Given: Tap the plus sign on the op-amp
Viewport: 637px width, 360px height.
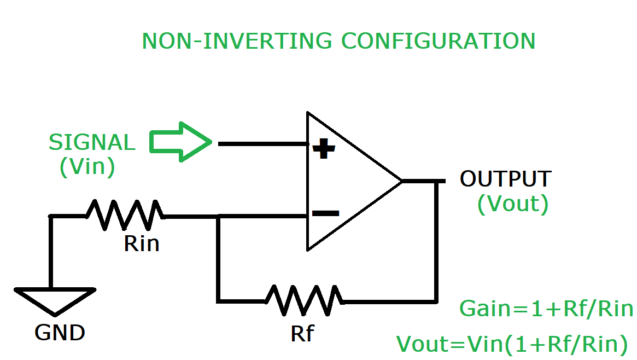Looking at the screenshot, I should point(323,148).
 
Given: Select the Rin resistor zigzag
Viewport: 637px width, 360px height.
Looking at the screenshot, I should point(125,214).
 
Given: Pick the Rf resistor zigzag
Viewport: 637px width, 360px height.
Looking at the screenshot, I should point(304,300).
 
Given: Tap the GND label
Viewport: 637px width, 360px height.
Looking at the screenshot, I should point(60,332).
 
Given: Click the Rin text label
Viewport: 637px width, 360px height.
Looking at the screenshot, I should point(142,243).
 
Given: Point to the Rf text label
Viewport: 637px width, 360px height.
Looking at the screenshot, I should point(302,333).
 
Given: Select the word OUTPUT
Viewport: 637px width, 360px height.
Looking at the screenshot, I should point(505,179).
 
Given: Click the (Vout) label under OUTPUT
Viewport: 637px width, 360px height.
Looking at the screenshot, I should point(512,204).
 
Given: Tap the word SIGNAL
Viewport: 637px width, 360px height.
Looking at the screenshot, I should point(91,142).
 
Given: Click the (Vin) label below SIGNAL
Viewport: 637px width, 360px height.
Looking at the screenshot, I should point(87,166).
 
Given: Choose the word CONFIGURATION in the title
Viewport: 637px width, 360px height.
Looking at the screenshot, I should point(438,42).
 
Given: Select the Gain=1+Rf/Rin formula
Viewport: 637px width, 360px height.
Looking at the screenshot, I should point(546,309).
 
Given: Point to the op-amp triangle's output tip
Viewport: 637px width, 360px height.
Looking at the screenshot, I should point(402,181).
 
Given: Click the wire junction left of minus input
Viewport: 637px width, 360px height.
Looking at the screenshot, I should point(218,217).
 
